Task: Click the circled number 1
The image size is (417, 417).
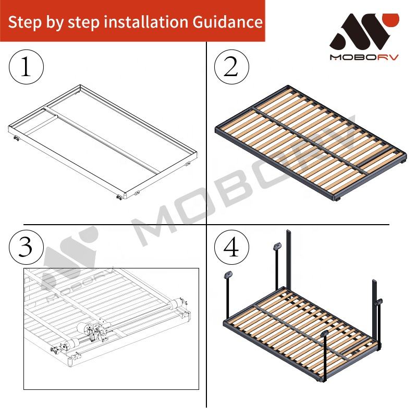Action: tap(26, 67)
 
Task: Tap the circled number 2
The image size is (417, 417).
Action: tap(231, 67)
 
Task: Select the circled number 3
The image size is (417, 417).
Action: tap(26, 247)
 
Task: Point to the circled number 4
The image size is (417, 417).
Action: tap(231, 247)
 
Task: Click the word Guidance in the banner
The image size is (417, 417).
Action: tap(228, 22)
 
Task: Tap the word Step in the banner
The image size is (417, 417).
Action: tap(24, 22)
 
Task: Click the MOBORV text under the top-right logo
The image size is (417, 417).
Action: tap(364, 57)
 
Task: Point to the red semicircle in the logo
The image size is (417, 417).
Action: tap(390, 19)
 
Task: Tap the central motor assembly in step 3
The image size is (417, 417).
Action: tap(91, 331)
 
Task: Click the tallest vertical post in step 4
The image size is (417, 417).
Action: tap(289, 259)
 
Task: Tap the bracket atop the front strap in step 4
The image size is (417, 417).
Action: tap(325, 334)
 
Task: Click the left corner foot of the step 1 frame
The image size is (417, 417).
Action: tap(17, 138)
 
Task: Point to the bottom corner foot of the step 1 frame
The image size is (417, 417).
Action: tap(119, 198)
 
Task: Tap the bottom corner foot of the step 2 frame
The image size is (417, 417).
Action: tap(338, 199)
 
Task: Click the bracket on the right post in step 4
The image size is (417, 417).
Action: tap(378, 302)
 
